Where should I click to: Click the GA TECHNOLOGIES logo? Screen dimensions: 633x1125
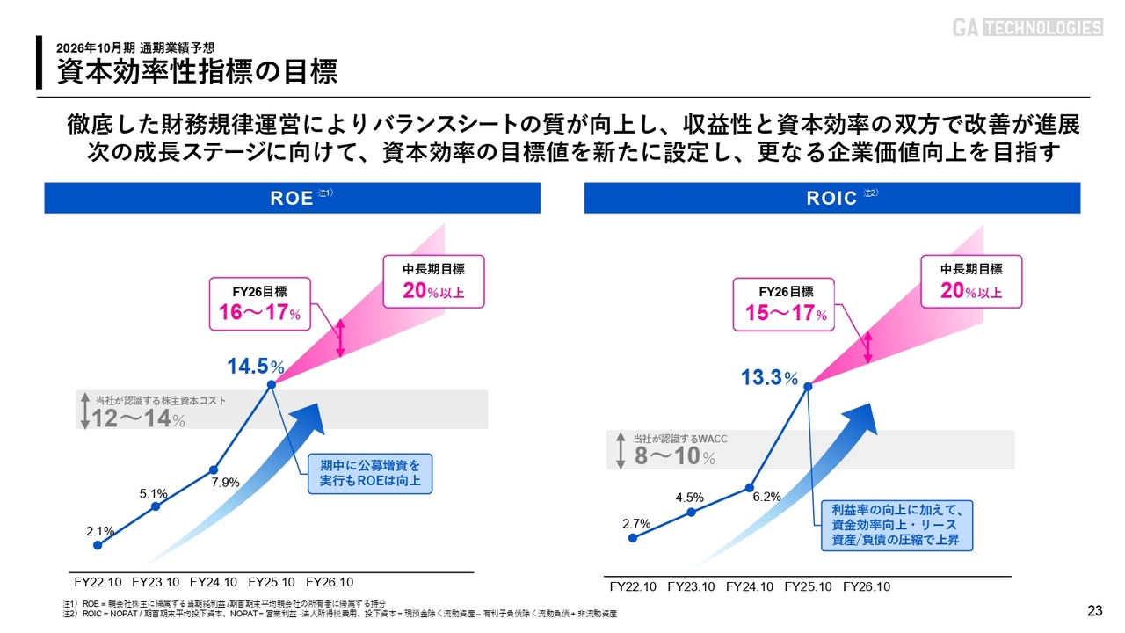pos(1027,27)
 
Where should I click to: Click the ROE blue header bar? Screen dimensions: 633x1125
pos(292,198)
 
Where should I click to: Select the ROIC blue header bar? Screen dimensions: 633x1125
pos(831,198)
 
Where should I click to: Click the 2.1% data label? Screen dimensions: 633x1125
pos(100,531)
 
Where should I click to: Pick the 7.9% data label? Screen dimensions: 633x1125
pos(225,481)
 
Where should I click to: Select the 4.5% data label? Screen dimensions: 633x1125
pos(690,498)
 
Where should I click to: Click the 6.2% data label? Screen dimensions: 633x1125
pos(767,496)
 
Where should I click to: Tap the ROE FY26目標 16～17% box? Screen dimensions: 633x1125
pos(259,303)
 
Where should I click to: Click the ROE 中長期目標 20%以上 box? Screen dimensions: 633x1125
pos(433,281)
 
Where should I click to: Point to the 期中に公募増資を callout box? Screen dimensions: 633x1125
pos(370,473)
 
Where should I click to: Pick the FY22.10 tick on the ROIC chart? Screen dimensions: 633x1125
pos(633,587)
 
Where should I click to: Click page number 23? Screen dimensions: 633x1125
pos(1094,611)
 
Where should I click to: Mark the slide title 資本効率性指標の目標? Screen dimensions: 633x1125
pos(198,71)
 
